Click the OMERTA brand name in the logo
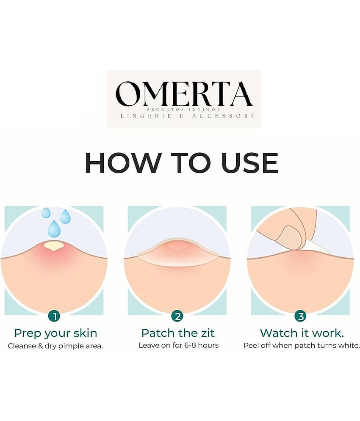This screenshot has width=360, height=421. click(184, 94)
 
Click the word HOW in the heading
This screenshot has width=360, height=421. click(122, 163)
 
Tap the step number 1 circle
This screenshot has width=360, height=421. click(54, 316)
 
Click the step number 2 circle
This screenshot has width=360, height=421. click(177, 316)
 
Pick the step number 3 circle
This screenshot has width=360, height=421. click(300, 316)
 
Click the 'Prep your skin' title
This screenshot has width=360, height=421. click(55, 333)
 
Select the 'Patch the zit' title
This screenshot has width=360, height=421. click(178, 333)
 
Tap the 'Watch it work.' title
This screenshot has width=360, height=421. click(302, 333)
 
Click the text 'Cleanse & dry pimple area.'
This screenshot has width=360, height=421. click(55, 346)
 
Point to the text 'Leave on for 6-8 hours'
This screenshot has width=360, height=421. click(179, 345)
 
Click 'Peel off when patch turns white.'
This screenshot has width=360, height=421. click(302, 345)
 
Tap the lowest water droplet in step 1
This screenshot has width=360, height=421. click(54, 228)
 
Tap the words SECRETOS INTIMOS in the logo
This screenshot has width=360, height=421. click(184, 110)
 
